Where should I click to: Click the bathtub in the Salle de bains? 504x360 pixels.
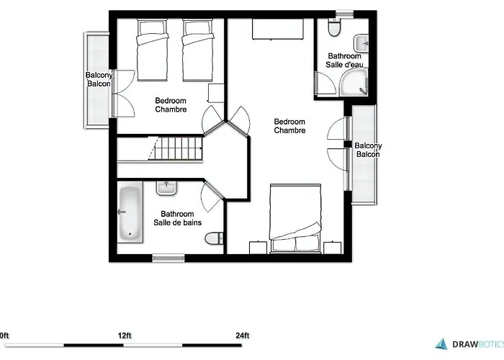pyautogui.click(x=130, y=212)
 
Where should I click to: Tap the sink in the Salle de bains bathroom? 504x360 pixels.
pyautogui.click(x=167, y=188)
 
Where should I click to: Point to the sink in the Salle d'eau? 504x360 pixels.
pyautogui.click(x=364, y=42)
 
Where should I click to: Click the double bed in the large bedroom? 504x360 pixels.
pyautogui.click(x=294, y=216)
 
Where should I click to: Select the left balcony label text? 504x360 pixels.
pyautogui.click(x=98, y=79)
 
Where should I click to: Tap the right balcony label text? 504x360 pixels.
pyautogui.click(x=368, y=150)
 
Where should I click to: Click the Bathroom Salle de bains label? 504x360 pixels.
pyautogui.click(x=177, y=218)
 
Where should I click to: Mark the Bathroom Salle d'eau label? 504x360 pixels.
pyautogui.click(x=344, y=60)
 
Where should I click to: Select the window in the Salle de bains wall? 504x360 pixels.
pyautogui.click(x=168, y=256)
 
